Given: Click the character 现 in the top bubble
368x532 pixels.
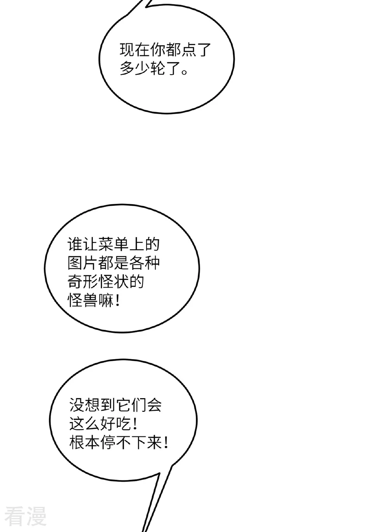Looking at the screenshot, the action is [x=127, y=50].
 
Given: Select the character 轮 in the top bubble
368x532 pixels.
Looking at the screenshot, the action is [x=158, y=68].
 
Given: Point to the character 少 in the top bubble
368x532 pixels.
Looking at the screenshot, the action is [x=142, y=68].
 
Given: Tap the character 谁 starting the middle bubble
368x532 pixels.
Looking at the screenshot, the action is [x=75, y=244].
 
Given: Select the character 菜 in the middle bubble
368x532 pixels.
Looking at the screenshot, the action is [x=106, y=244].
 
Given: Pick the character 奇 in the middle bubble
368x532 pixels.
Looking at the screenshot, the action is [x=75, y=281].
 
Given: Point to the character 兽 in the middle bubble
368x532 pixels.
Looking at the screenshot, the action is [x=91, y=300].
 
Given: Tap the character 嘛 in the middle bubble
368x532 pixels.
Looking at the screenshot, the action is [x=106, y=300].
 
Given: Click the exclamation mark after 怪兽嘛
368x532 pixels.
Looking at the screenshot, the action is [x=118, y=300].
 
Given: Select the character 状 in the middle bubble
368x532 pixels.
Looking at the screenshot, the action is [x=121, y=281].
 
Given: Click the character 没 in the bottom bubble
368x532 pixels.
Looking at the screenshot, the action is [x=77, y=404].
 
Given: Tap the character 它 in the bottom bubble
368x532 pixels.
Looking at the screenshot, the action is [x=123, y=404].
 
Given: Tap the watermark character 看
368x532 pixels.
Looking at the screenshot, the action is [x=15, y=517].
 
